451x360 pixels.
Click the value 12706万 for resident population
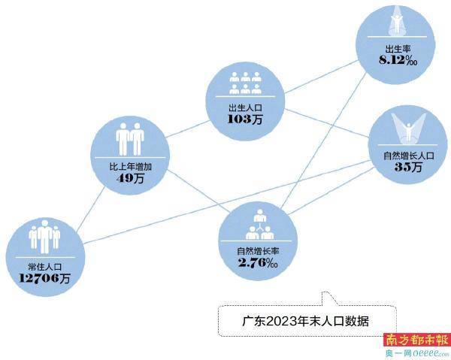point(44,278)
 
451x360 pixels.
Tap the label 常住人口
point(45,267)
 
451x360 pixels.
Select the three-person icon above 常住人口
point(44,237)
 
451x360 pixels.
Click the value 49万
point(130,178)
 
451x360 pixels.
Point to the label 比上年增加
point(130,167)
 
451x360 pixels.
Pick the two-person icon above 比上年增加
point(130,139)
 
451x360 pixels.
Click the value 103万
point(245,119)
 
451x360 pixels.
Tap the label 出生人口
point(245,107)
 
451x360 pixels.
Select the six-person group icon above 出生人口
point(245,83)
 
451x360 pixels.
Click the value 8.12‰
point(398,60)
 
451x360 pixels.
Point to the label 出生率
point(398,49)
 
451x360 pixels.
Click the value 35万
point(408,167)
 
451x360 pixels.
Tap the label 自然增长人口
point(408,156)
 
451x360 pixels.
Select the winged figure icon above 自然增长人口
point(408,128)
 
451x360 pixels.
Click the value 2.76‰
point(258,262)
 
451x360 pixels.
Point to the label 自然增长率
point(258,251)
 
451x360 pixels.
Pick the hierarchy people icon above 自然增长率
point(260,225)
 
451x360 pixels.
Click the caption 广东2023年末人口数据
point(305,321)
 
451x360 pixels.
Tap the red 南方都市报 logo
point(416,340)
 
